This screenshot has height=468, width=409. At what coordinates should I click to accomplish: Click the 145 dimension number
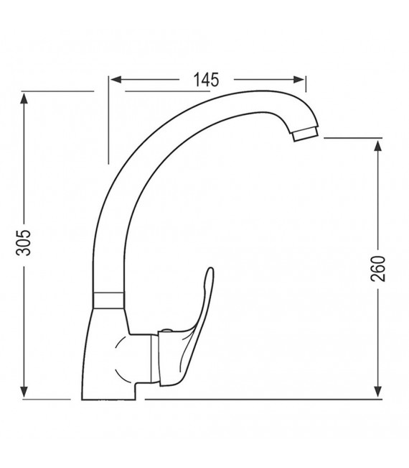(205, 79)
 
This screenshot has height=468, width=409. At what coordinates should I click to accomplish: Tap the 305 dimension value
(24, 244)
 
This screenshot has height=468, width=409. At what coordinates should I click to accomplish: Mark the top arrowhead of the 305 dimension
(25, 96)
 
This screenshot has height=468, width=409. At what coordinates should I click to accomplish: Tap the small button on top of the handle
(166, 332)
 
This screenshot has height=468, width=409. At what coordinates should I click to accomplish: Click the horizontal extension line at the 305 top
(57, 91)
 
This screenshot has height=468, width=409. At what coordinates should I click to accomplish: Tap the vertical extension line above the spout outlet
(305, 80)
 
